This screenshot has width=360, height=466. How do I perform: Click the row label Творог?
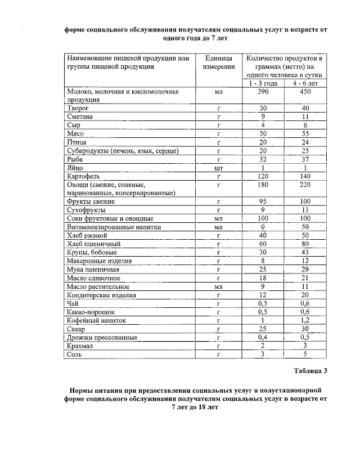(78, 107)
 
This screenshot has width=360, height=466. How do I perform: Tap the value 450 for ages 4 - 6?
(305, 91)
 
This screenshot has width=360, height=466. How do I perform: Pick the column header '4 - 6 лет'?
(305, 83)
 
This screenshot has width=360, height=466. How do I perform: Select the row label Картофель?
(83, 176)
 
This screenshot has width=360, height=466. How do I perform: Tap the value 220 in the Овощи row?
(305, 185)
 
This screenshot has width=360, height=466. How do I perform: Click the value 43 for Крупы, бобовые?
(305, 253)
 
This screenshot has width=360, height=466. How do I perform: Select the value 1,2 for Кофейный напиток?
(305, 320)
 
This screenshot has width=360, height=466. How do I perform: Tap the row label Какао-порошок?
(91, 312)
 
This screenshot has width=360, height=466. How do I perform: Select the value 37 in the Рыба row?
(305, 159)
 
